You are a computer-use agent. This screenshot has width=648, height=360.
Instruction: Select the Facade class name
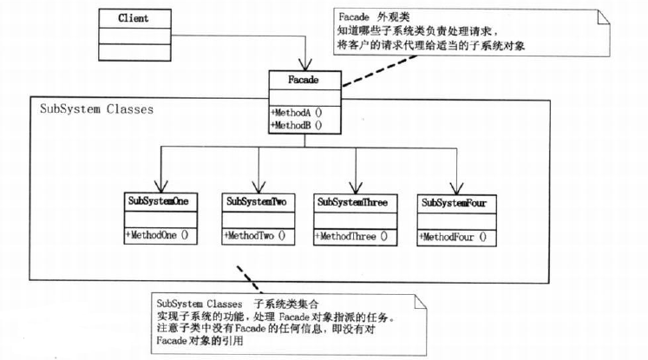tap(304, 81)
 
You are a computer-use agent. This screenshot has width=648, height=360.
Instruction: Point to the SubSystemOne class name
tap(158, 202)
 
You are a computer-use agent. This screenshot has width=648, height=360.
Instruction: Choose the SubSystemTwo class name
tap(256, 202)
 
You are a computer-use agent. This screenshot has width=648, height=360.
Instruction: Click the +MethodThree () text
tap(351, 235)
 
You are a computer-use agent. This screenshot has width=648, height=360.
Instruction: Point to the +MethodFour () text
tap(454, 235)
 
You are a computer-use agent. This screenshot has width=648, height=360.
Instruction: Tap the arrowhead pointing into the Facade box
tap(304, 66)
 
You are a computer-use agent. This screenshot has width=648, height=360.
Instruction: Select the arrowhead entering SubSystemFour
tap(454, 187)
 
